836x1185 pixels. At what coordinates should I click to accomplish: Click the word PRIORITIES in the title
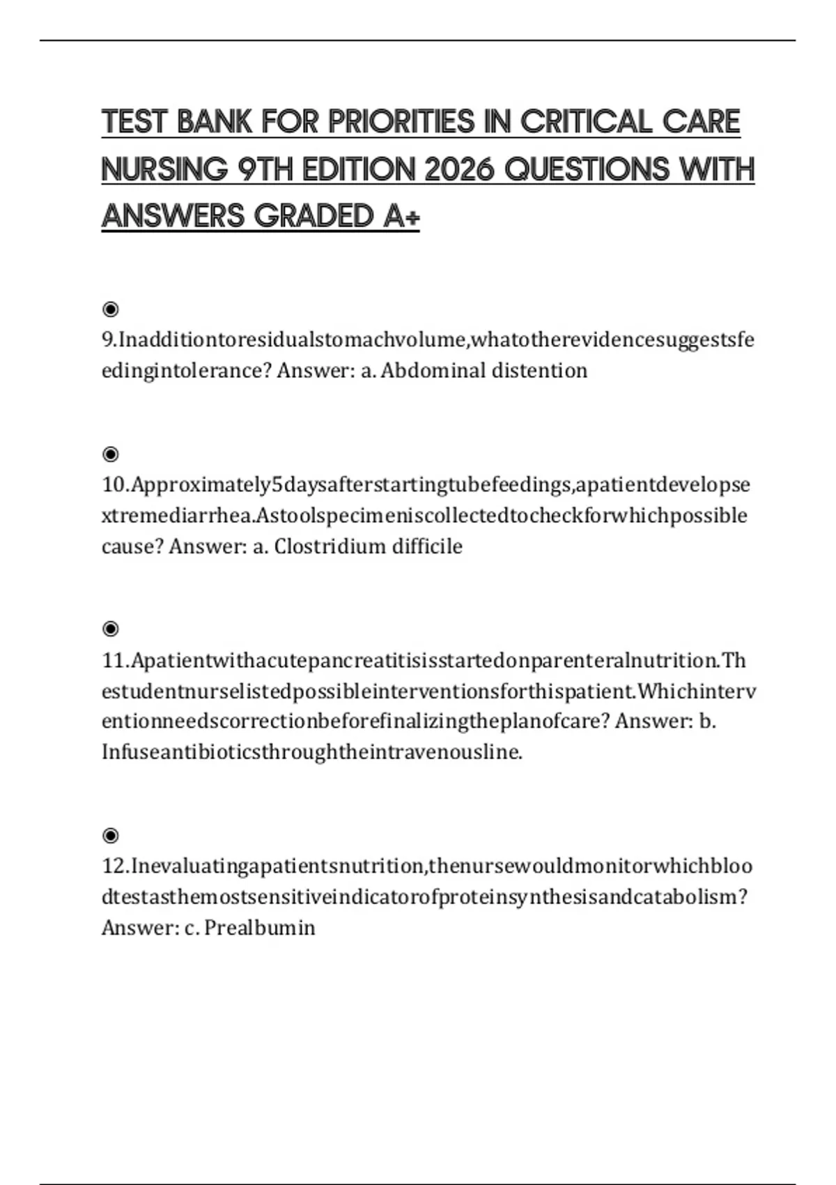click(401, 122)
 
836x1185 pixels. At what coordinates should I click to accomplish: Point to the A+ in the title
click(401, 216)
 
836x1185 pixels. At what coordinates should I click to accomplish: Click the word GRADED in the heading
click(314, 216)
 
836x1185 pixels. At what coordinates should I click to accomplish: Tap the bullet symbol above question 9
click(110, 309)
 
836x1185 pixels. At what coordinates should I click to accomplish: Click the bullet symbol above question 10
click(110, 454)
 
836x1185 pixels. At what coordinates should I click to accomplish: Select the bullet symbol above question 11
click(110, 629)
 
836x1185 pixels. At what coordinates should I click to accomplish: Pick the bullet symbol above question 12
click(110, 835)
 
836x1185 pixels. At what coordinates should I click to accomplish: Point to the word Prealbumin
click(260, 928)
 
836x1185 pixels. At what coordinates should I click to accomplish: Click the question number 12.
click(114, 866)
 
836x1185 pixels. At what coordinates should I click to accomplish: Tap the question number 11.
click(114, 660)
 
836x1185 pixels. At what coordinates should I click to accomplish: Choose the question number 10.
click(114, 484)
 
